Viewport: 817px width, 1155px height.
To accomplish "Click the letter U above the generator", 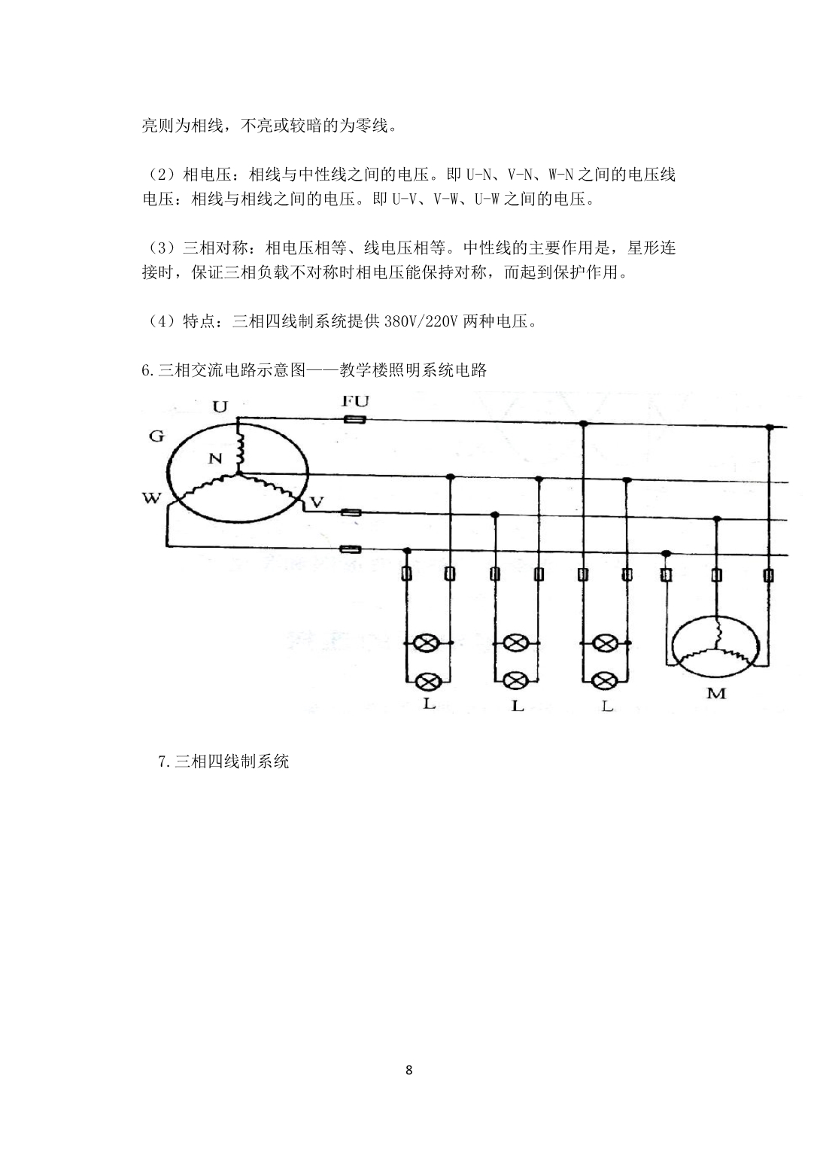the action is [x=220, y=407].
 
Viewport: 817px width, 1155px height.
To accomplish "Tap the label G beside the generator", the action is [x=156, y=436].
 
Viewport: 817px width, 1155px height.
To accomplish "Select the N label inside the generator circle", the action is [x=215, y=458].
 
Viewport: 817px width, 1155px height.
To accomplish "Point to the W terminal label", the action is [x=151, y=498].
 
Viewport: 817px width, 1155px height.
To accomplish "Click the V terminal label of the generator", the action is [x=316, y=502].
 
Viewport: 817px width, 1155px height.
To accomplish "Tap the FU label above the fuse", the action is [x=356, y=400].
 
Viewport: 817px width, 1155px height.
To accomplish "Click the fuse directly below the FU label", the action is [x=354, y=420].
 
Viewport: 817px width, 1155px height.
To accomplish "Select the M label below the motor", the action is [x=716, y=694].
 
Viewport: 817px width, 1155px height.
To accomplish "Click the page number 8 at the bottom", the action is [x=408, y=1071].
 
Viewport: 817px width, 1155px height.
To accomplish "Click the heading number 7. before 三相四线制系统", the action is [x=165, y=761].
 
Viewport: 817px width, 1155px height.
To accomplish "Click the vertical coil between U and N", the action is [x=239, y=448].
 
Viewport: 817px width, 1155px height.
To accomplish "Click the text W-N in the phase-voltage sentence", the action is [x=560, y=175].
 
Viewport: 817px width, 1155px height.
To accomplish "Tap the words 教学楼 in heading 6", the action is [x=363, y=369].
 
